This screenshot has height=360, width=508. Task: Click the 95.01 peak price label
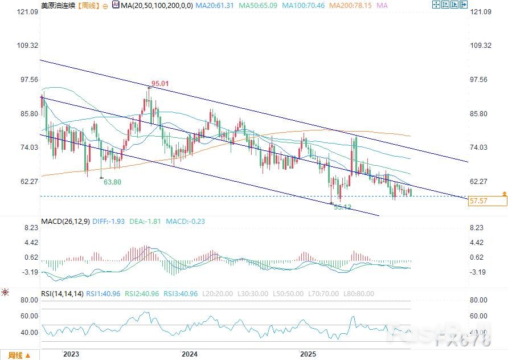coord(160,84)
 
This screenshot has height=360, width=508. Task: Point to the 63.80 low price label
coord(112,182)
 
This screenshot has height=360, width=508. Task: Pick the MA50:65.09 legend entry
coord(257,5)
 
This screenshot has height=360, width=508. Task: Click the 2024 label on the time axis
coord(189,354)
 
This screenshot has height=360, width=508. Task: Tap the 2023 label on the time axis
coord(71,354)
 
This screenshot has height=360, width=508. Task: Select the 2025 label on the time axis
coord(308,354)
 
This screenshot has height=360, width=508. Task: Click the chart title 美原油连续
coord(58,5)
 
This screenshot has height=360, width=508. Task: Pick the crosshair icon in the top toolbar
coord(437,5)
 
